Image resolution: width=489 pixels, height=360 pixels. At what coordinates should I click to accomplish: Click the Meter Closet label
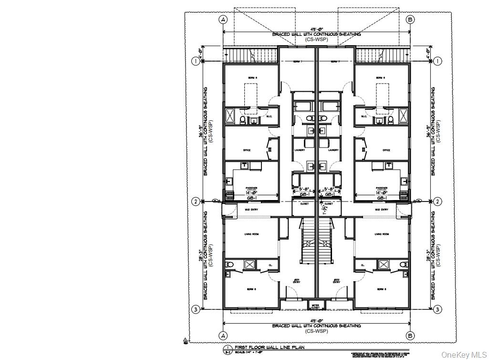click(315, 306)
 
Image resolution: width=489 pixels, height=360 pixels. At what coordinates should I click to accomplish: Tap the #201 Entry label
click(296, 281)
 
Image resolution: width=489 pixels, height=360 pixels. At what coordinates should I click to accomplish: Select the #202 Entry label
click(336, 281)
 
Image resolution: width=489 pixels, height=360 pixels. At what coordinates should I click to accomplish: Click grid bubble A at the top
click(223, 20)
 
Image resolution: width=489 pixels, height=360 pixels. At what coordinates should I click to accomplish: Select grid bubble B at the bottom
click(409, 334)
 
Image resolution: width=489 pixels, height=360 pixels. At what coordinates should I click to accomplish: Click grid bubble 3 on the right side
click(437, 309)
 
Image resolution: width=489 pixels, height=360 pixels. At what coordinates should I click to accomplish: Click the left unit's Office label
click(247, 150)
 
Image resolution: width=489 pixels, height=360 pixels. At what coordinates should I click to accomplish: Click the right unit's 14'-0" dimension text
click(381, 192)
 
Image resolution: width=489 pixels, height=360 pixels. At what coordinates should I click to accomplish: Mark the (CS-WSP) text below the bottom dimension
click(316, 330)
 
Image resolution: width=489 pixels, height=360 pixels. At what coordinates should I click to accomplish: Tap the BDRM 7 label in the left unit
click(297, 62)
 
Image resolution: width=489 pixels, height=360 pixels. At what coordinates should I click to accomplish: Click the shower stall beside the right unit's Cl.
click(383, 265)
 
